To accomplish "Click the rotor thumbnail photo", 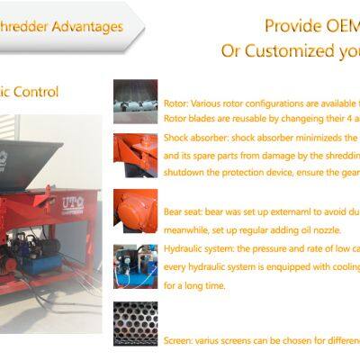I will click(x=135, y=102).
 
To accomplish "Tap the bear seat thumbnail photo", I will click(x=135, y=208).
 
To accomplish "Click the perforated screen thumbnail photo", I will click(x=135, y=322).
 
